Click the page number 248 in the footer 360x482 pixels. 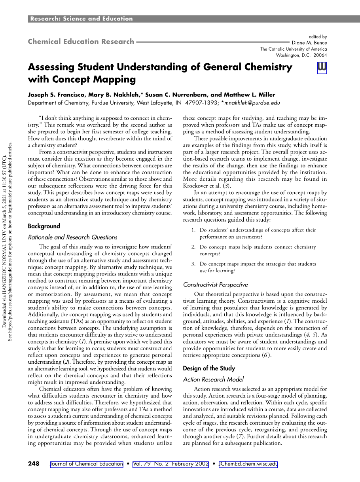[x=34, y=464]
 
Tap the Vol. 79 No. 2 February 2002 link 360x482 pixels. [x=171, y=464]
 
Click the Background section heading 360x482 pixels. [x=44, y=226]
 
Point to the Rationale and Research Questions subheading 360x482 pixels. [x=72, y=237]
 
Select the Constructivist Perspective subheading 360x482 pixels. [x=216, y=285]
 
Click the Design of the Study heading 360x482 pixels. [x=209, y=368]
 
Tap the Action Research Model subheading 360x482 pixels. [x=213, y=380]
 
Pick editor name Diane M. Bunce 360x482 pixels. [x=309, y=43]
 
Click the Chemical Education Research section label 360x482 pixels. [x=81, y=42]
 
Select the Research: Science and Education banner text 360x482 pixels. [x=81, y=19]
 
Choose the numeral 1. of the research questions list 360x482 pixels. [x=193, y=230]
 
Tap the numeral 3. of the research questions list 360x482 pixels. [x=193, y=264]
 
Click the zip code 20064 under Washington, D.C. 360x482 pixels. [x=320, y=55]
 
